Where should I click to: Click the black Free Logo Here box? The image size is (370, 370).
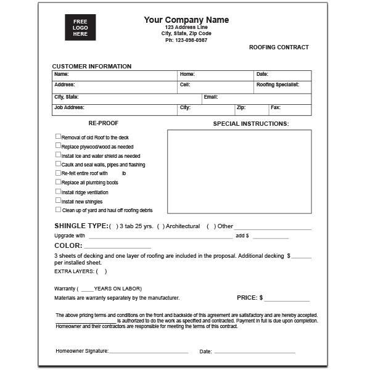click(x=81, y=28)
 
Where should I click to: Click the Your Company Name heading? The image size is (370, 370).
click(x=186, y=20)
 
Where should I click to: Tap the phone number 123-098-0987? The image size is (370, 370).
click(x=186, y=40)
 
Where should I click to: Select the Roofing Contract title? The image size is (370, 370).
click(x=279, y=47)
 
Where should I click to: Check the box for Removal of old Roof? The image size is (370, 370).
click(x=59, y=137)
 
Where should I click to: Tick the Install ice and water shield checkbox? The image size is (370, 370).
click(x=59, y=155)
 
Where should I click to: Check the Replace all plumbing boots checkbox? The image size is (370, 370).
click(x=59, y=182)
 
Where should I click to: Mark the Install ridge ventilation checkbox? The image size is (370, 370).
click(x=59, y=191)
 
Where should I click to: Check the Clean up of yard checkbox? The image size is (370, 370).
click(x=59, y=210)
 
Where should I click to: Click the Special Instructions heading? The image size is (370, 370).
click(x=250, y=124)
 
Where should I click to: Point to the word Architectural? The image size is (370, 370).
click(x=183, y=226)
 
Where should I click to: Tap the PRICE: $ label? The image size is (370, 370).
click(x=250, y=298)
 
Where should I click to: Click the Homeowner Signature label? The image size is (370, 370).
click(x=82, y=351)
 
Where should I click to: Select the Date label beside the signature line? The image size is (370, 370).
click(x=205, y=351)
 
